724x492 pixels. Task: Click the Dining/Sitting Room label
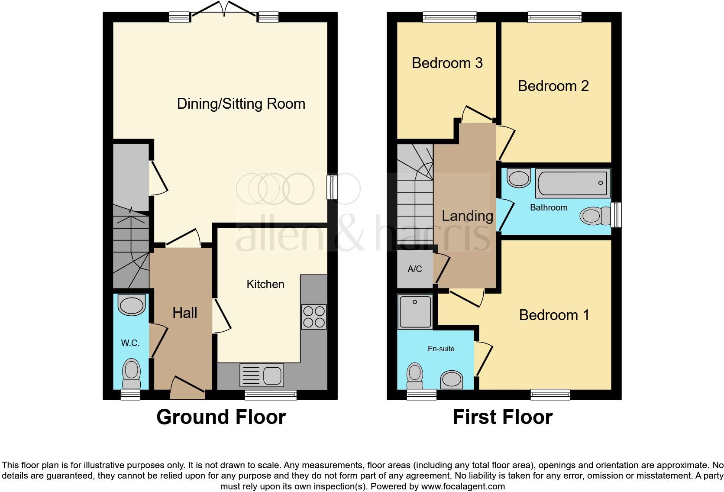pos(241,104)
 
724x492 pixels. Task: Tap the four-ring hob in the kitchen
pos(314,317)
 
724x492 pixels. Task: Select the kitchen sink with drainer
pos(262,375)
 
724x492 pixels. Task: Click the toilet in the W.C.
pos(132,375)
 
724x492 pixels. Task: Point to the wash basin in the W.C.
pos(132,305)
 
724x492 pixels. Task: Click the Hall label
pos(185,313)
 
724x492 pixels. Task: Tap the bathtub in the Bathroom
pos(572,183)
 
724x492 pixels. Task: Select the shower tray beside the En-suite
pos(415,311)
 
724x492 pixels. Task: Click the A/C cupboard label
pos(414,269)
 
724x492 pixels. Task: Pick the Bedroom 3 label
pos(447,63)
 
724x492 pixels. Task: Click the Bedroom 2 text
pos(553,86)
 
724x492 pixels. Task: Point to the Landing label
pos(467,216)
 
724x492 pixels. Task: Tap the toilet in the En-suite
pos(415,376)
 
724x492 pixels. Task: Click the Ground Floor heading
pos(221,417)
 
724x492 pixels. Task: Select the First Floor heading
pos(502,417)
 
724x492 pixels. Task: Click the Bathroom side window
pos(616,215)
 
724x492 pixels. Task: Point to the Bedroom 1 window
pos(550,394)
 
